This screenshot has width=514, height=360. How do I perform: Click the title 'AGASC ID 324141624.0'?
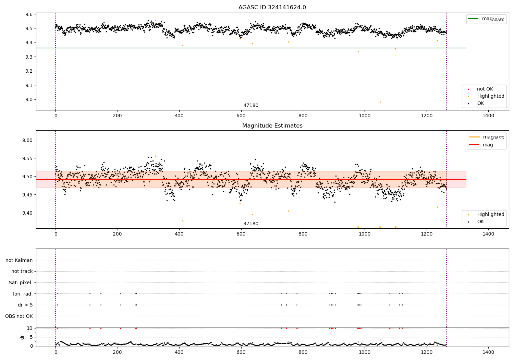point(272,8)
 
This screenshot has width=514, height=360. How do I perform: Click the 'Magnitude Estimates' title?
point(272,126)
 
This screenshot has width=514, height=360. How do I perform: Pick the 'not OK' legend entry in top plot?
point(485,89)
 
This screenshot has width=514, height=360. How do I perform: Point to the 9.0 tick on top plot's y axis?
point(28,100)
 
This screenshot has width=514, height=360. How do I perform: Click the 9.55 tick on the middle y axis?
point(26,158)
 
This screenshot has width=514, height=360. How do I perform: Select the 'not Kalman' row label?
point(19,260)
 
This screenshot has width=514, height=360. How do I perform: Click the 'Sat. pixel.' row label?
point(21,283)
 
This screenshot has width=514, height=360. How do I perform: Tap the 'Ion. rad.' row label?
point(23,294)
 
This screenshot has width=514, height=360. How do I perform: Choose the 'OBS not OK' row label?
point(19,316)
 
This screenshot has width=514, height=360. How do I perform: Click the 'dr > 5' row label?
point(25,305)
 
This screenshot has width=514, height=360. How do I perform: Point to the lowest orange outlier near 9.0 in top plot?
point(380,102)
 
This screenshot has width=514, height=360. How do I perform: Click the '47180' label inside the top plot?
point(251,106)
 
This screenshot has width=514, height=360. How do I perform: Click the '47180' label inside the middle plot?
point(251,224)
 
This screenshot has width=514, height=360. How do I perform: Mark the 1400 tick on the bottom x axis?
point(488,352)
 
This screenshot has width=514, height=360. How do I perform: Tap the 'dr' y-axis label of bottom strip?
point(22,337)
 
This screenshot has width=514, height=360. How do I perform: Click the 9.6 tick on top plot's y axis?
point(28,14)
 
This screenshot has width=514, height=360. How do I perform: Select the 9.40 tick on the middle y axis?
point(26,213)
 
